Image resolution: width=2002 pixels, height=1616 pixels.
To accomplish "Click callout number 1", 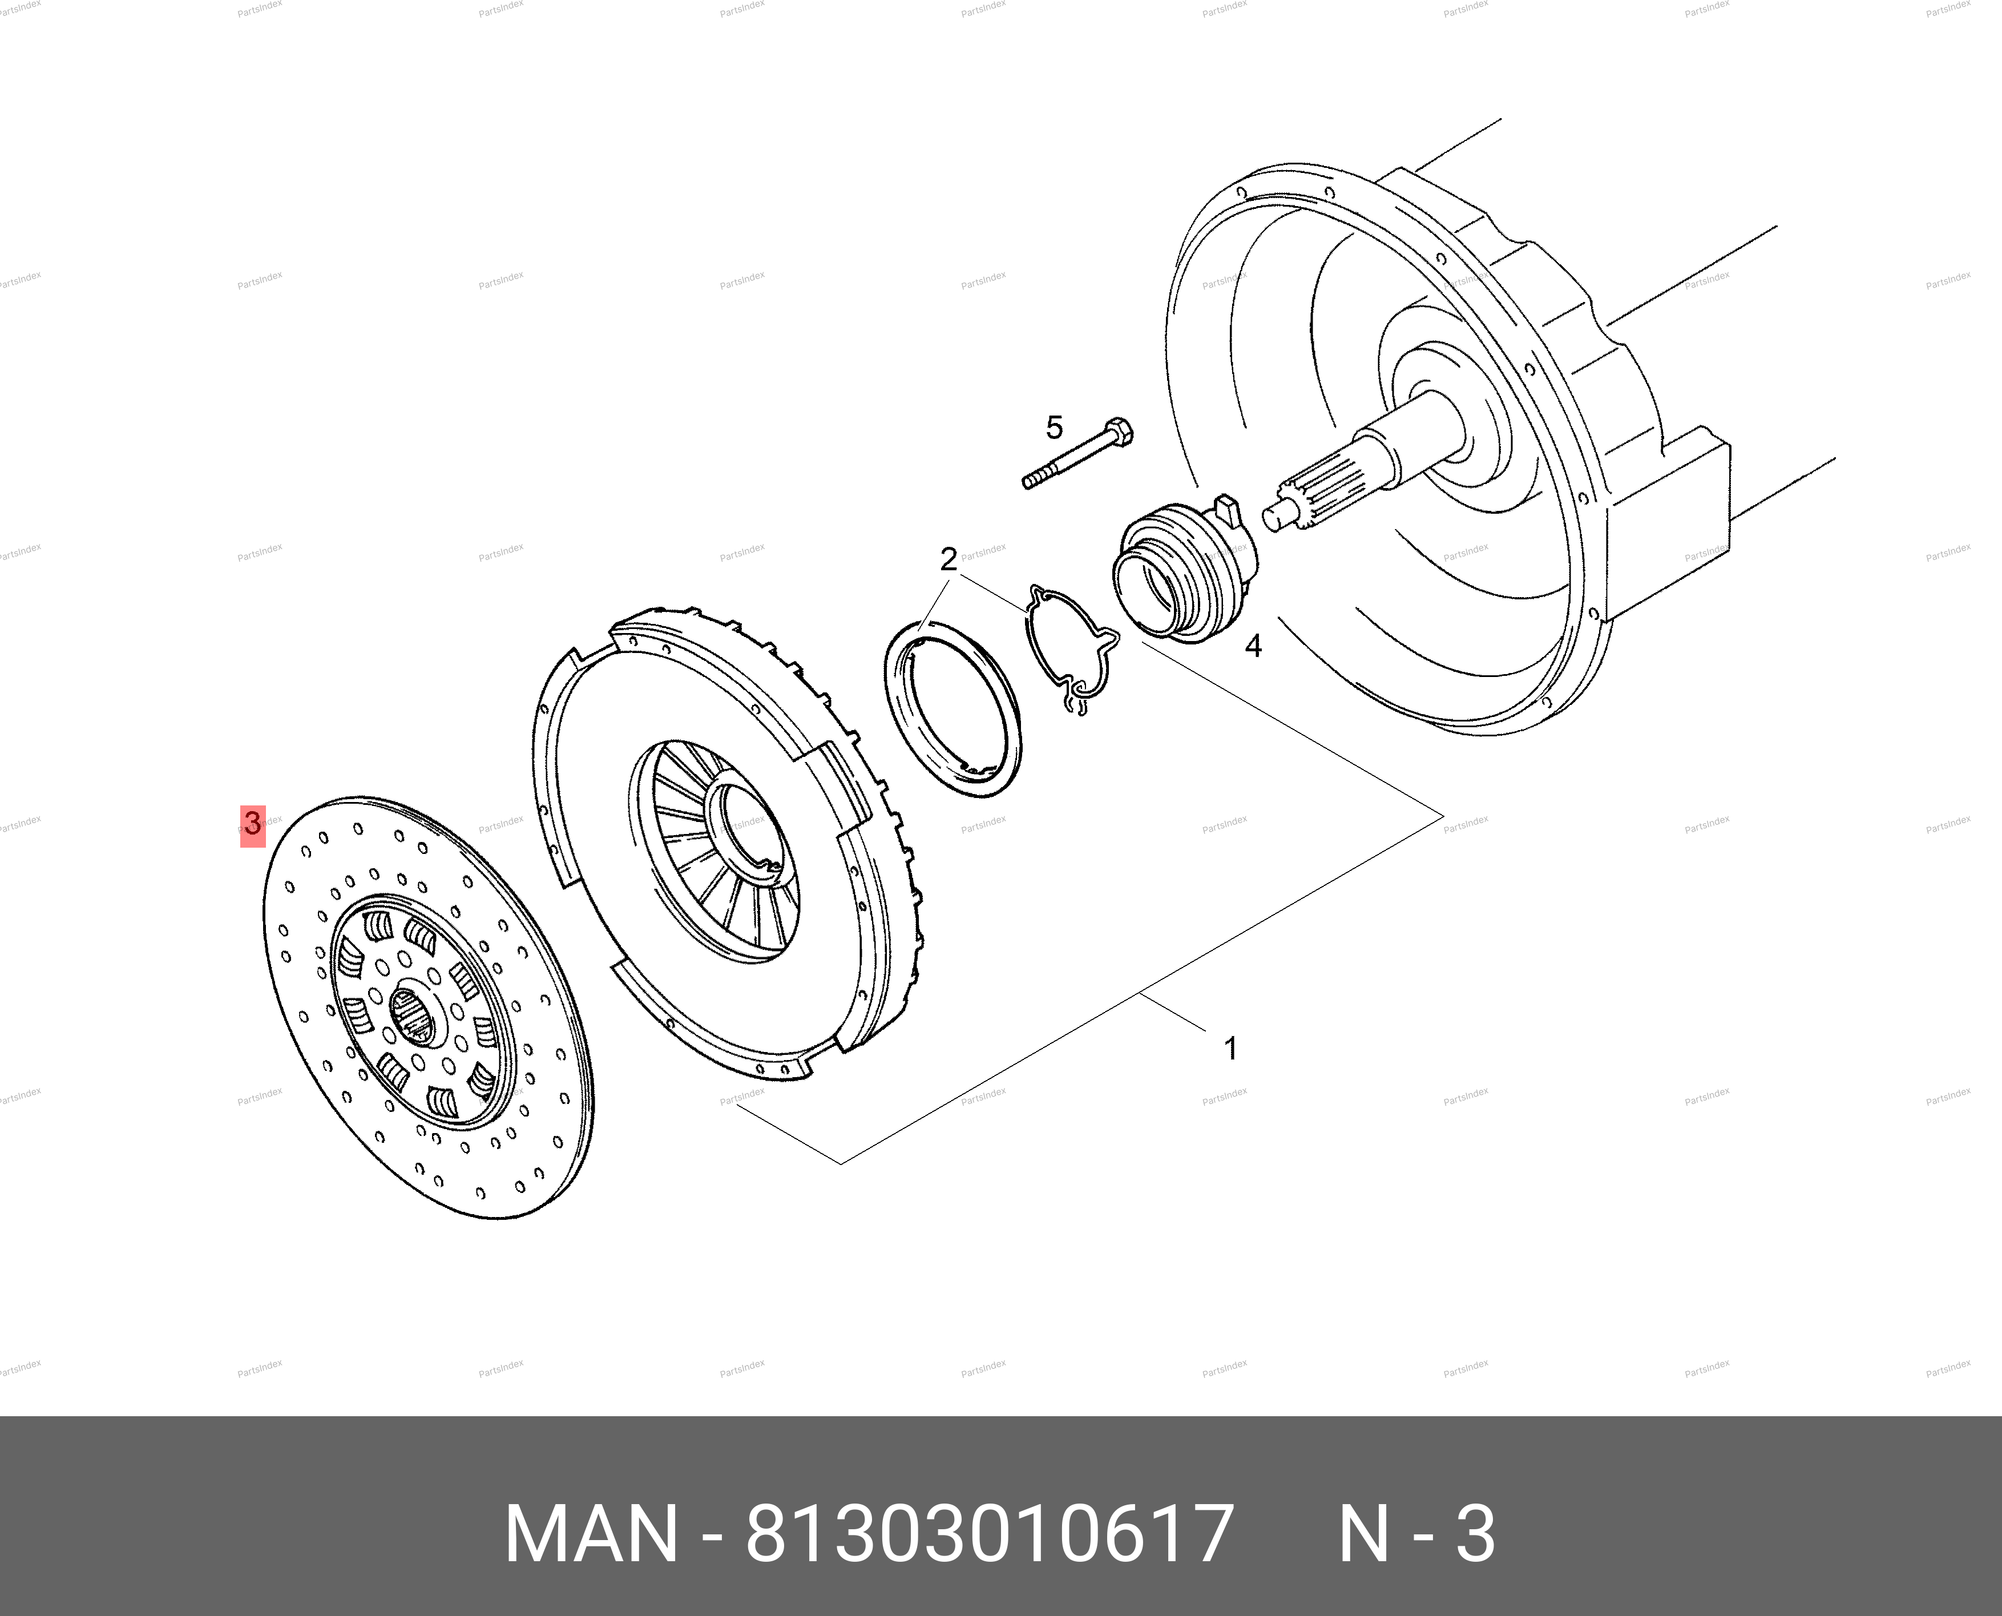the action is tap(1230, 1049).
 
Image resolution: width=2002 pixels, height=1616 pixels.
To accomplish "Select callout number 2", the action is tap(948, 559).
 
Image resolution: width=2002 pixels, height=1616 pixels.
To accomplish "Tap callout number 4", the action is tap(1254, 646).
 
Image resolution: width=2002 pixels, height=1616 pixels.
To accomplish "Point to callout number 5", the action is tap(1054, 428).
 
